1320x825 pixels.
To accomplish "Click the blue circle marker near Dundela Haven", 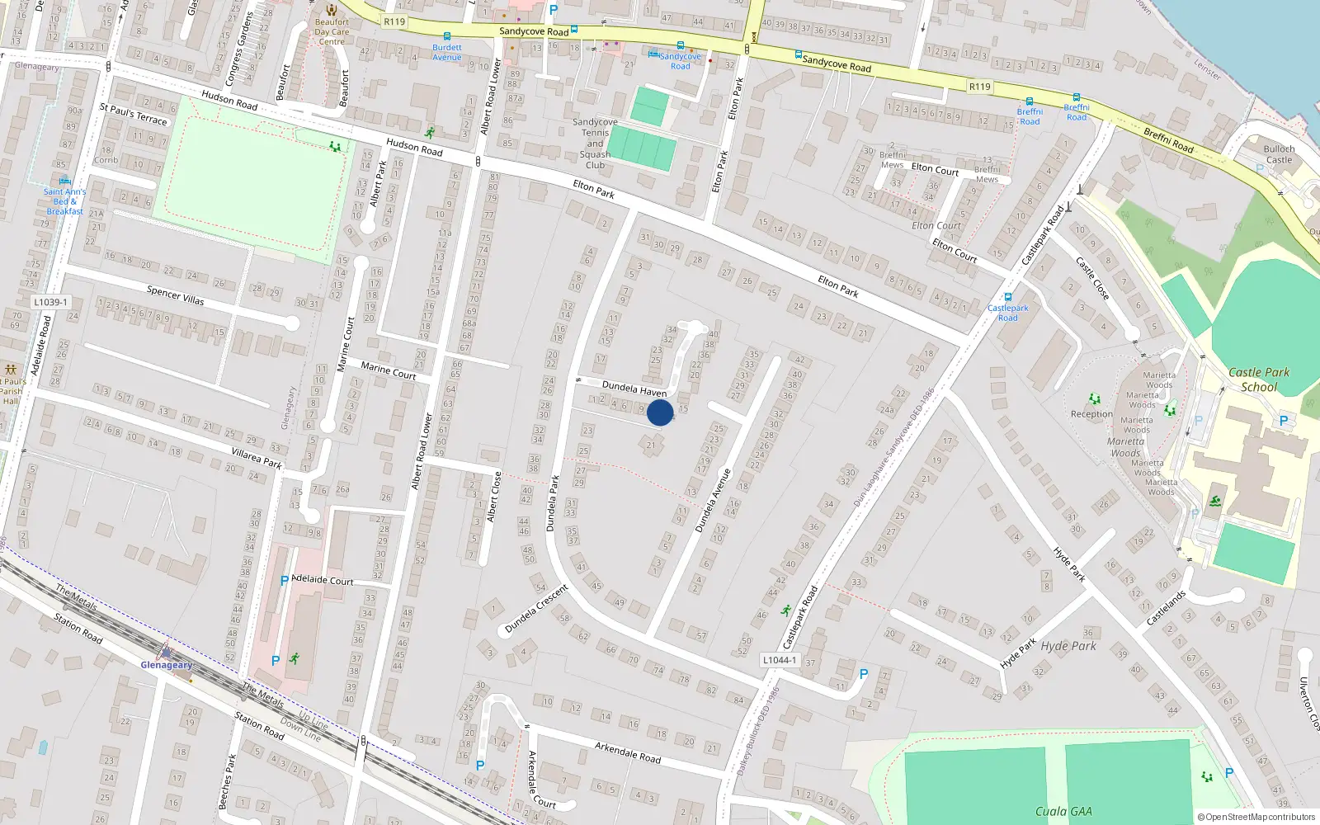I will tap(660, 412).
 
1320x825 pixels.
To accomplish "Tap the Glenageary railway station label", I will tap(166, 665).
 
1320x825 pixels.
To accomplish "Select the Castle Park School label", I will tap(1259, 379).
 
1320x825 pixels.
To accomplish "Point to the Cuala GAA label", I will tap(1063, 812).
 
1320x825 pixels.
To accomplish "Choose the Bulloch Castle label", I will tap(1279, 154).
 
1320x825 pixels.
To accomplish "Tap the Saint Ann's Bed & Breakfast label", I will tap(64, 201).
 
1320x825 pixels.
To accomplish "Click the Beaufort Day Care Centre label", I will tap(332, 32).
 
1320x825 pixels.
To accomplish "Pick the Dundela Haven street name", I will tap(634, 389).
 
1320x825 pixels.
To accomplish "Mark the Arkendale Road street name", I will tap(627, 752).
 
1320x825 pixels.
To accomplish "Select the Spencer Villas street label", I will tap(175, 295).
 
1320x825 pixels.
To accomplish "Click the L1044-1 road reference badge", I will tap(779, 660).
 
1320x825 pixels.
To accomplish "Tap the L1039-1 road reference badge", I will tap(51, 303).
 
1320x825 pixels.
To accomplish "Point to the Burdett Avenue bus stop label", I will tap(447, 52).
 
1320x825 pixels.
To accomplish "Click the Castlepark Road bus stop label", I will tap(1007, 313).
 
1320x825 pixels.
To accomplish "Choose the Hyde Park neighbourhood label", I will tap(1068, 646).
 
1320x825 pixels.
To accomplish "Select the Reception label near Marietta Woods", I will tap(1091, 414).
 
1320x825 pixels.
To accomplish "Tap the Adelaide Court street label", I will tap(323, 580).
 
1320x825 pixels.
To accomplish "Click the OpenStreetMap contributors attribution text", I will tap(1256, 818).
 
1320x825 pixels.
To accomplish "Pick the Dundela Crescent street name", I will tap(536, 609).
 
